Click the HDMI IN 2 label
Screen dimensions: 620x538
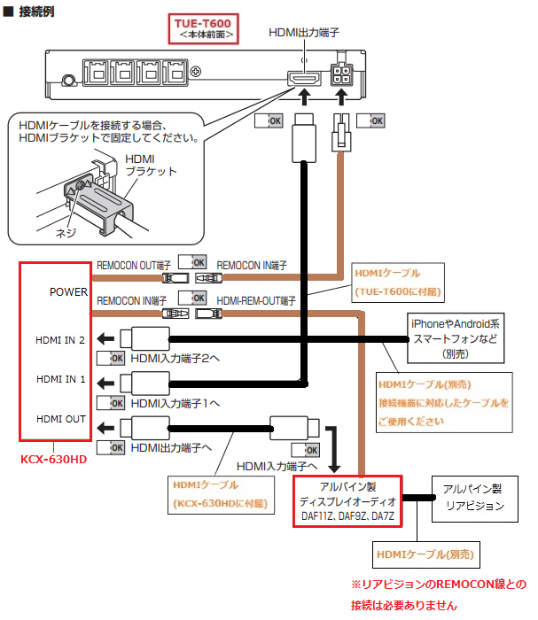(61, 339)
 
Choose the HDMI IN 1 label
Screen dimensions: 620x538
(61, 379)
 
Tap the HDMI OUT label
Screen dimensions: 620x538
(61, 419)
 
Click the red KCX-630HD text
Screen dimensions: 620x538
(54, 460)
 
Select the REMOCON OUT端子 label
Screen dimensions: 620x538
(135, 263)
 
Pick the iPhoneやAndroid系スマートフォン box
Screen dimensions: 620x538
(455, 337)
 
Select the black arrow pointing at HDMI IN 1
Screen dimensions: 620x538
(105, 384)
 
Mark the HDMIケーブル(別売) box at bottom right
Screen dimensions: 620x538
(425, 554)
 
